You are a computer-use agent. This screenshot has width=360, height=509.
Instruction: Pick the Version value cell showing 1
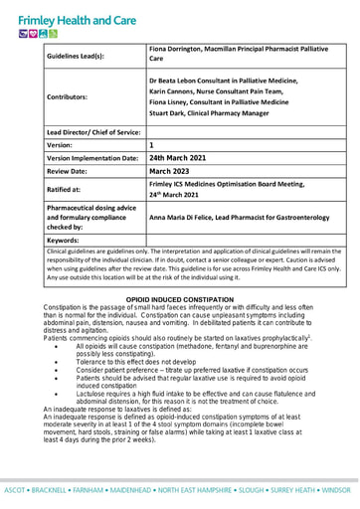[151, 144]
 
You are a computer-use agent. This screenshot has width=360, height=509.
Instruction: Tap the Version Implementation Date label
[92, 157]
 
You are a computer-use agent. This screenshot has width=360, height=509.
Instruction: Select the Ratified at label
[64, 187]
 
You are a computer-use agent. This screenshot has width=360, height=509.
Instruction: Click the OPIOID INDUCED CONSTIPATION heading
[179, 298]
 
